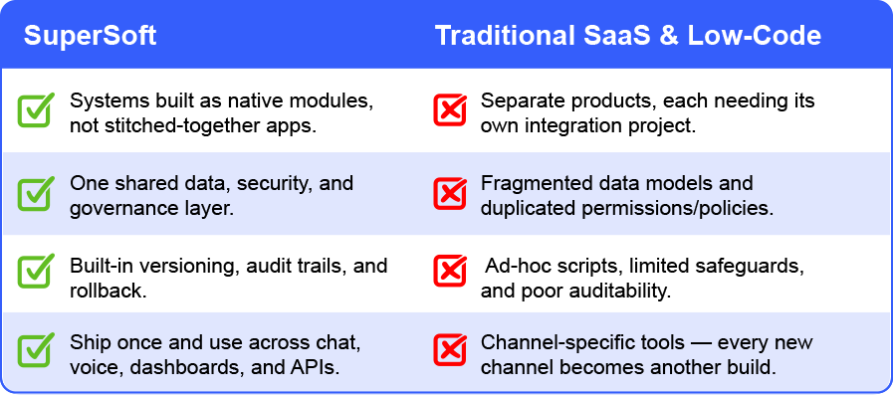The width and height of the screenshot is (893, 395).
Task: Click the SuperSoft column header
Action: (x=90, y=35)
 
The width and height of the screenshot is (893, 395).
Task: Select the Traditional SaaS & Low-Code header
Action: (x=628, y=35)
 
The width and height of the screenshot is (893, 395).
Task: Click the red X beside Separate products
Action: (x=450, y=109)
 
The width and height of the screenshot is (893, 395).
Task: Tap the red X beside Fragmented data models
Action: (x=450, y=193)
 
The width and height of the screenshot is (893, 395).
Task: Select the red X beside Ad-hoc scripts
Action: (x=450, y=271)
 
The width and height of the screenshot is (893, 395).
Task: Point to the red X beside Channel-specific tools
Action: (x=450, y=349)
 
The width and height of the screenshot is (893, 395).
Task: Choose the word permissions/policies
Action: (x=677, y=208)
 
